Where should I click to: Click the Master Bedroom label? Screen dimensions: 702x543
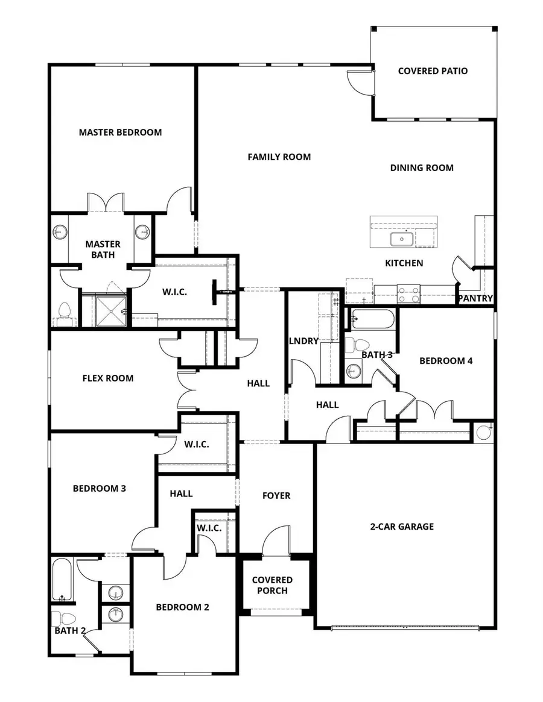(x=120, y=132)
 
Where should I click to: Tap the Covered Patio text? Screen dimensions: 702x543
(x=433, y=71)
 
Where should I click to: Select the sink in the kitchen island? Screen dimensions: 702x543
(x=401, y=240)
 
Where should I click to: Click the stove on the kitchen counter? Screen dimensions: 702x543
(x=408, y=294)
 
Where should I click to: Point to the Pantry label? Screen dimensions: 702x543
(x=475, y=298)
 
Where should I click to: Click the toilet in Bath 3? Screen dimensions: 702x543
(x=357, y=346)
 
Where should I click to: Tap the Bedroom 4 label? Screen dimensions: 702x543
(x=446, y=361)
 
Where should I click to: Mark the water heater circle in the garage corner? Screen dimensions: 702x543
(x=484, y=432)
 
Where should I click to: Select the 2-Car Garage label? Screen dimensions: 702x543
(x=402, y=527)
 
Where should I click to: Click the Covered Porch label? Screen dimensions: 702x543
(x=272, y=585)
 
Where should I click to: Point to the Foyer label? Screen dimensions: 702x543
(x=276, y=495)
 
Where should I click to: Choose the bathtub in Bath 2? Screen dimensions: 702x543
(x=62, y=580)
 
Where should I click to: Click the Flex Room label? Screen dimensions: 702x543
(x=108, y=378)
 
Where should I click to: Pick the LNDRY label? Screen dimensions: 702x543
(x=303, y=341)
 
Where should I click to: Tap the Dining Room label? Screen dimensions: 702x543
(x=422, y=168)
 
